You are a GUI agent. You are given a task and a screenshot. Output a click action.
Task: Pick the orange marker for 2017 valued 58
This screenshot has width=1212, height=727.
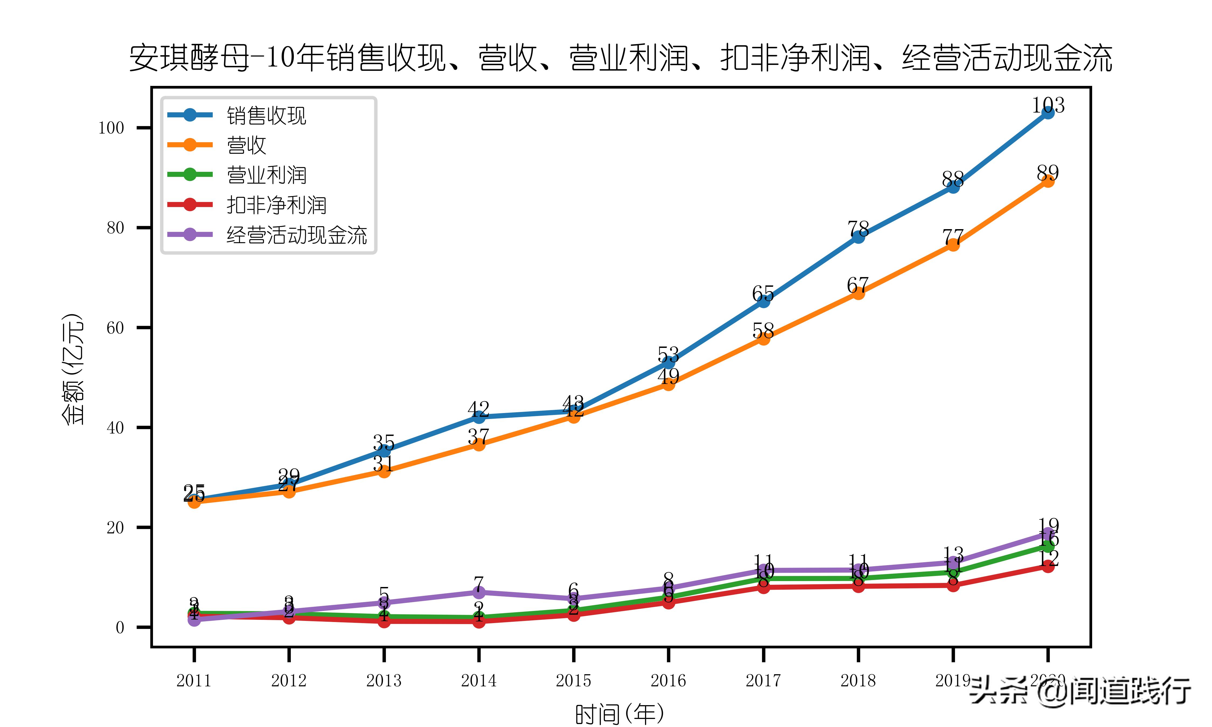pyautogui.click(x=763, y=338)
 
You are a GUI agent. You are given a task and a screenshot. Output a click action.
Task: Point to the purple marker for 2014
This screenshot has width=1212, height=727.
pyautogui.click(x=479, y=592)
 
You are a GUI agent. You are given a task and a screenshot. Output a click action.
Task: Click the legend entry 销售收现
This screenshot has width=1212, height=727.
pyautogui.click(x=266, y=116)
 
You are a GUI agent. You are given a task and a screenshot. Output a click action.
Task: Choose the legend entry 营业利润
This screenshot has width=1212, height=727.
pyautogui.click(x=266, y=175)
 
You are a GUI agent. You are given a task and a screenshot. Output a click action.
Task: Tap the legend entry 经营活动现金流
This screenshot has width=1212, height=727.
pyautogui.click(x=296, y=235)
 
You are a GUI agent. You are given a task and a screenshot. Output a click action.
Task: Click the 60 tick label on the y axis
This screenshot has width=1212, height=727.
pyautogui.click(x=116, y=328)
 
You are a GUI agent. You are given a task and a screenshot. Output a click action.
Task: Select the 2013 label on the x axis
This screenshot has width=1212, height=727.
pyautogui.click(x=384, y=680)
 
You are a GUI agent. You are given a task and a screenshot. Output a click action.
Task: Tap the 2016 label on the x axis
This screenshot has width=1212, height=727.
pyautogui.click(x=668, y=680)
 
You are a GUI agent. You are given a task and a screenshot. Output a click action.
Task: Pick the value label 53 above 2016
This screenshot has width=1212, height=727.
pyautogui.click(x=668, y=354)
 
